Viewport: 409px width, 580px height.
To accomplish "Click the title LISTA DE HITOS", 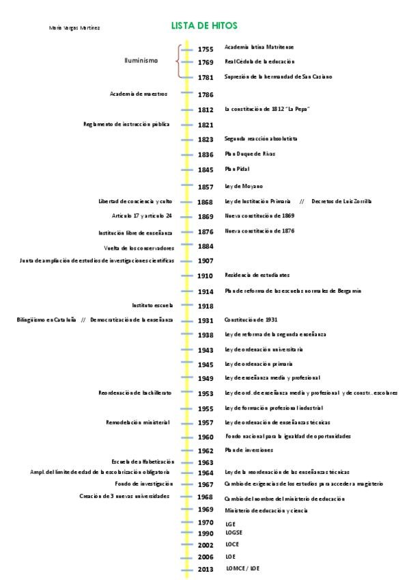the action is [205, 25].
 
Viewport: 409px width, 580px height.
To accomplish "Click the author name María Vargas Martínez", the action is [75, 28].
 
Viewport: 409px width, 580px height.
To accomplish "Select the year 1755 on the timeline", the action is [206, 49].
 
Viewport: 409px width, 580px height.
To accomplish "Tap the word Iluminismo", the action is [141, 60].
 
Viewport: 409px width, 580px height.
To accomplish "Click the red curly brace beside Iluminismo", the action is [178, 62].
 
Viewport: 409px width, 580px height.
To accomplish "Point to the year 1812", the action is [206, 109].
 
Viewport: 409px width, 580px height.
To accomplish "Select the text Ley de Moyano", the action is [244, 186].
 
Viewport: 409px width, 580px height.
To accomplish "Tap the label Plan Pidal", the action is [237, 168].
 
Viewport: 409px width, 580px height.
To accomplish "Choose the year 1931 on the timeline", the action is [206, 320].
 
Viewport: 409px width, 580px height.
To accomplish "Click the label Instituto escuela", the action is [152, 305].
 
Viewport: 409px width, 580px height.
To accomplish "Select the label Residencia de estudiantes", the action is [257, 275].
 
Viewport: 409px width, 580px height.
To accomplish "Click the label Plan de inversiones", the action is [249, 450].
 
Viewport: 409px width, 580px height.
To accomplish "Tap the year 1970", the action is [206, 523].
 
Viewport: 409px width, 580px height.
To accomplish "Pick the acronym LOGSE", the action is [234, 532].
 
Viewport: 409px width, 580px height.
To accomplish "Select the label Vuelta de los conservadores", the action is [139, 248].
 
